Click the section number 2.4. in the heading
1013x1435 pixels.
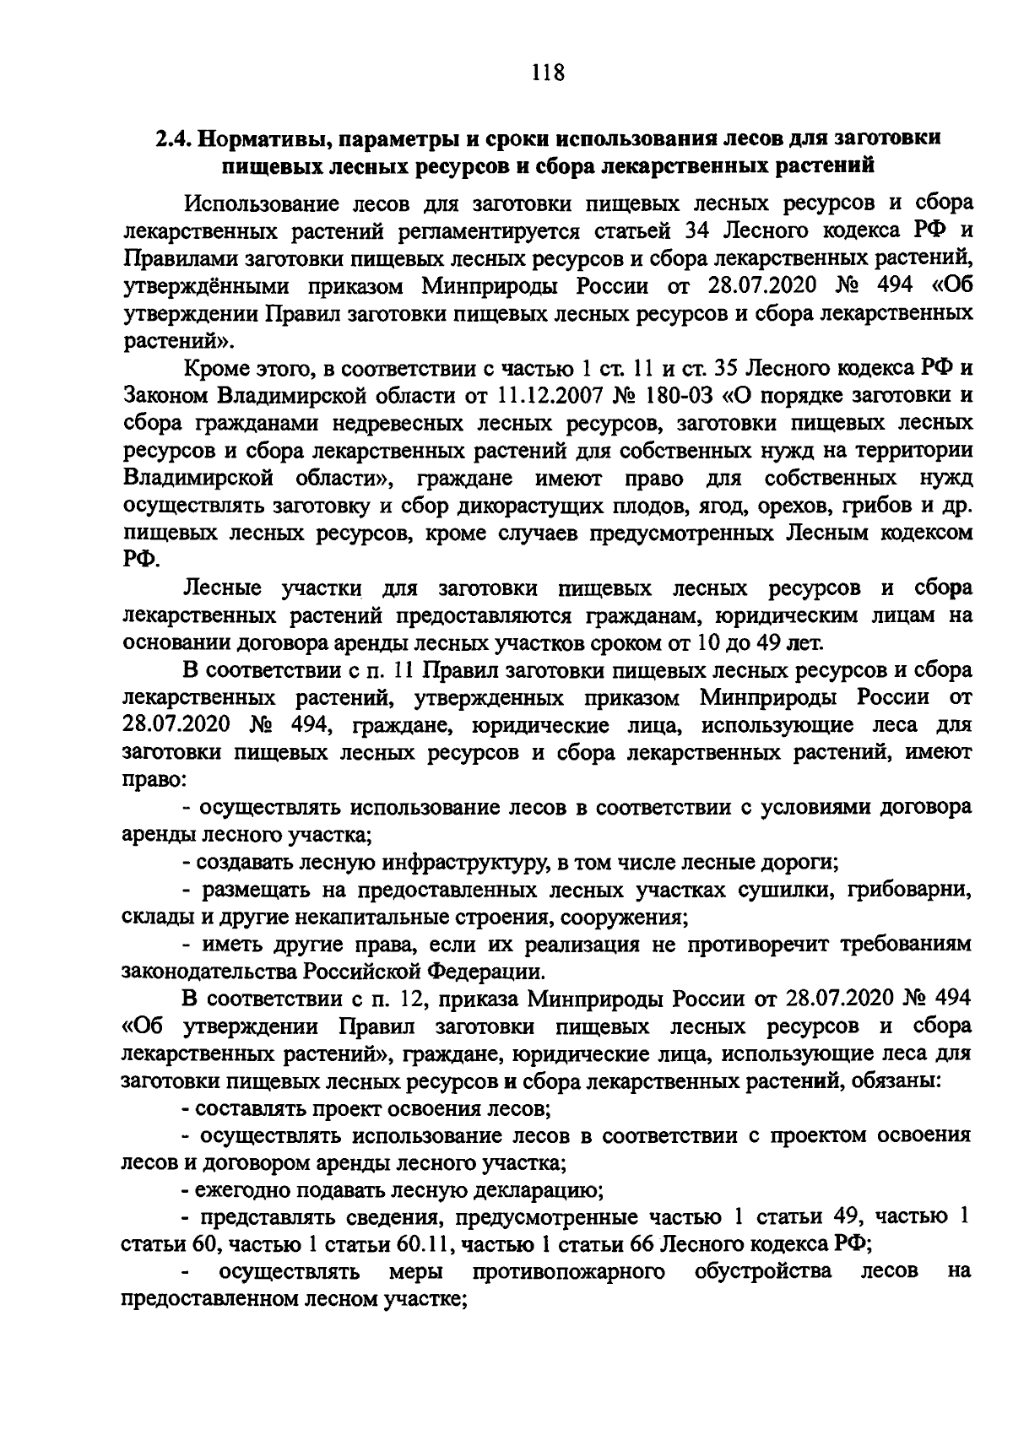[176, 138]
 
